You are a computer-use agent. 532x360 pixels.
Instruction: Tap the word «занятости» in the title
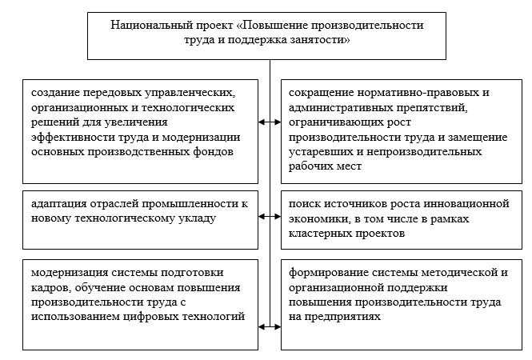click(x=318, y=39)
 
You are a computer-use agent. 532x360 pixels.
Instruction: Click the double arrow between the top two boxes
click(x=270, y=122)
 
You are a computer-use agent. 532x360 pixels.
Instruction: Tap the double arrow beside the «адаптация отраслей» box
click(x=270, y=216)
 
